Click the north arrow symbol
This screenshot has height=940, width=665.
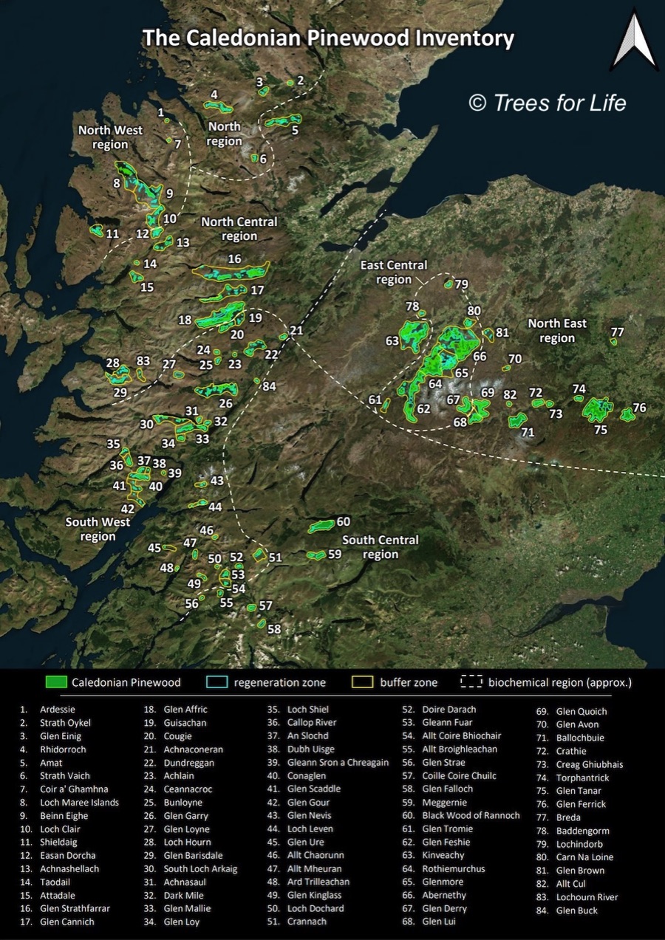[634, 41]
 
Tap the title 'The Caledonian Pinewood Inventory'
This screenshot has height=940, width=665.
[327, 38]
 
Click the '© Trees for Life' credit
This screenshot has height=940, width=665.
[548, 103]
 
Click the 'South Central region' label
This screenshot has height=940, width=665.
[381, 547]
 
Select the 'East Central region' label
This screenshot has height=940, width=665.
[393, 272]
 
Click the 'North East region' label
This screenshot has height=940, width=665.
[557, 331]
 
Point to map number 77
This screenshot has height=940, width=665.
[617, 332]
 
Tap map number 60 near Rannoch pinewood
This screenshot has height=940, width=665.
[343, 521]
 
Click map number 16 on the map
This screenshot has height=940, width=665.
[234, 259]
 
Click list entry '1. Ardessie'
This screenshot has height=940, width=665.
[51, 710]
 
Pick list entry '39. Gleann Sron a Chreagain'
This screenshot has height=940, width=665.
[327, 762]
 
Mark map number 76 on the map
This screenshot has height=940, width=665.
[639, 408]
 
